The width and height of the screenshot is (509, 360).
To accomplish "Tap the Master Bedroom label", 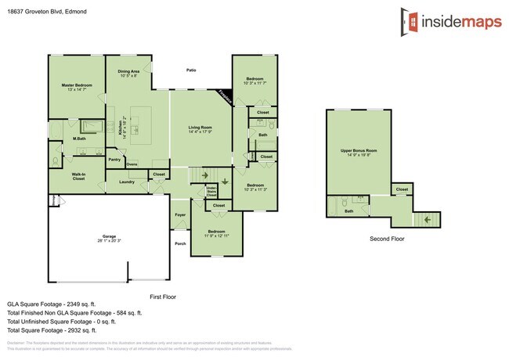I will pos(77,86).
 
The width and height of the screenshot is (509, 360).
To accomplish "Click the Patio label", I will pos(191,70).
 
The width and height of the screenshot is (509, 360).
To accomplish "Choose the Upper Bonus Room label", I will pos(359,151).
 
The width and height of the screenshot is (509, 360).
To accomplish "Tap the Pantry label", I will pos(114,160).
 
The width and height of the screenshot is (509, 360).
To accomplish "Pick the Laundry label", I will pos(127,182).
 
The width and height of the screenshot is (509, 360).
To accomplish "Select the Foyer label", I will pos(180,212).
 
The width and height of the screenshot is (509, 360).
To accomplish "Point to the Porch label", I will pos(180,243).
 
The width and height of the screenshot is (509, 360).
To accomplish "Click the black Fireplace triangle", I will pos(226,96).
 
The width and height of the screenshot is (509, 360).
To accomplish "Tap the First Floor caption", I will pos(164,297).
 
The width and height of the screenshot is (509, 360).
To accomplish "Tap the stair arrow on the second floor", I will pos(427,220).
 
